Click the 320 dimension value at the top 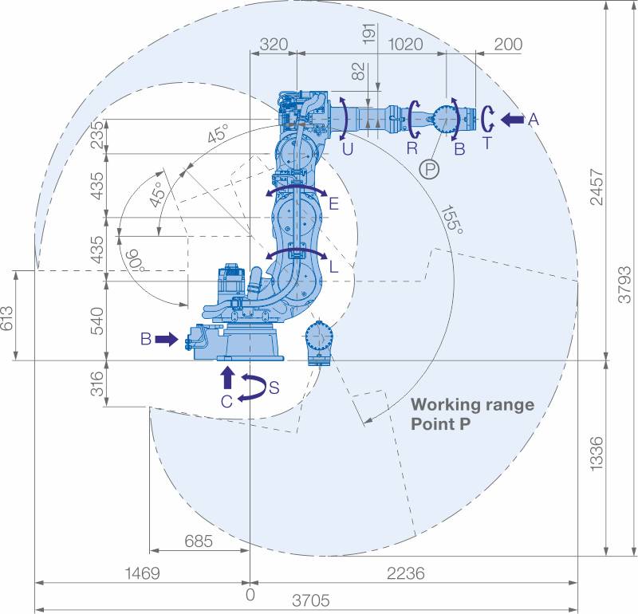click(x=274, y=44)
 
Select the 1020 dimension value click(x=405, y=44)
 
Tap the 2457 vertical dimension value click(x=597, y=187)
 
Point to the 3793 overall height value click(x=624, y=285)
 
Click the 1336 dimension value click(x=597, y=454)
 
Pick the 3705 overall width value click(x=311, y=600)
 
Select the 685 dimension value click(x=199, y=541)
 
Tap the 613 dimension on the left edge click(x=7, y=319)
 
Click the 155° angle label click(x=452, y=220)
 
